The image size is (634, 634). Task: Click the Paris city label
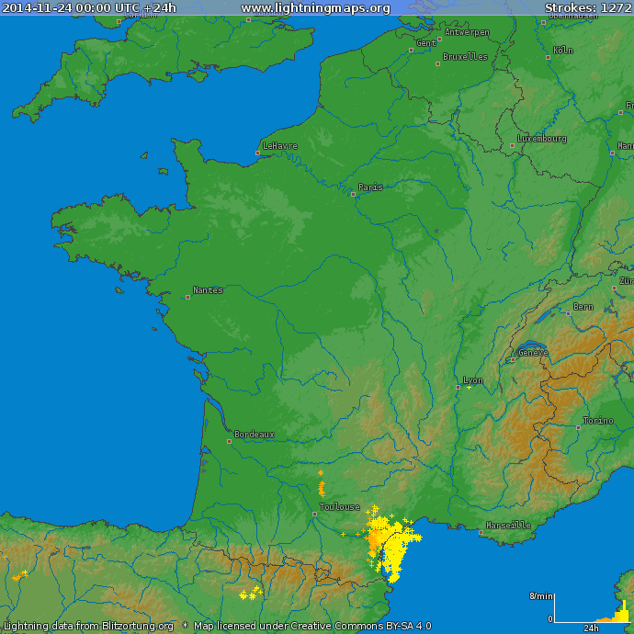coord(371,187)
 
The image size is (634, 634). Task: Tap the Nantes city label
coord(209,290)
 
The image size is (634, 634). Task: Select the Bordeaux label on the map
coord(255,435)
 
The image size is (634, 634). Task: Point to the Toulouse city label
coord(340,507)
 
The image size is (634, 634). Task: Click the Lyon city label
coord(473,380)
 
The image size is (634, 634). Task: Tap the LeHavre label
coord(280,146)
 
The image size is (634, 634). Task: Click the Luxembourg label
coord(542,139)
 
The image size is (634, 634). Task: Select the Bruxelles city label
coord(465,57)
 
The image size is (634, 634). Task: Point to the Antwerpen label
coord(467,32)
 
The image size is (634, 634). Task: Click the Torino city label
coord(597,421)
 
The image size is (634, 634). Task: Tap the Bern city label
coord(583,307)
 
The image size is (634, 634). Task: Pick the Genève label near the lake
coord(533,352)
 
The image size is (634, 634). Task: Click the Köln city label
coord(563,51)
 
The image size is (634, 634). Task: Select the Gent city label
coord(426,43)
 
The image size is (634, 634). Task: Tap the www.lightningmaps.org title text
coord(315,8)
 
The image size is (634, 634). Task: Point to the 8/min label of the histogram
coord(540,596)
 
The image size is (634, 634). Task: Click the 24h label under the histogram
coord(592,628)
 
